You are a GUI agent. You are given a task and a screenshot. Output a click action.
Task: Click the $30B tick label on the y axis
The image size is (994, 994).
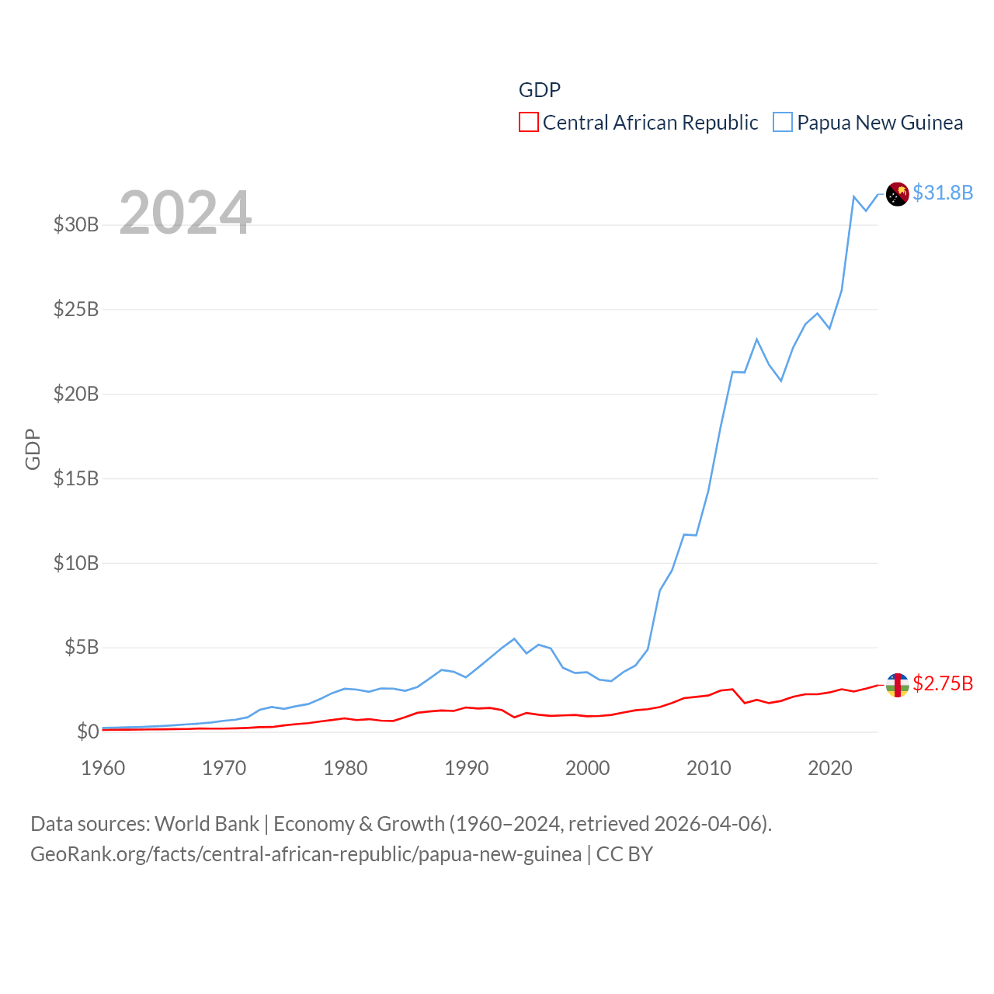[76, 225]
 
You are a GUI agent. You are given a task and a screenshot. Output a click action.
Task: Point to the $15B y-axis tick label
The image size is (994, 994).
[76, 478]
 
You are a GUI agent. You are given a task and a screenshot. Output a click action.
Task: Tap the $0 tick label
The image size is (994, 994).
[88, 732]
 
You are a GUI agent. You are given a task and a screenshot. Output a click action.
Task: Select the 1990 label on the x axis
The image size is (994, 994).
[466, 768]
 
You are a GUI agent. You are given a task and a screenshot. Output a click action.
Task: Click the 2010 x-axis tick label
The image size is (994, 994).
[708, 768]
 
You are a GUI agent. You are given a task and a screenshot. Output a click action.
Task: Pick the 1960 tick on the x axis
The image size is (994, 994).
[103, 768]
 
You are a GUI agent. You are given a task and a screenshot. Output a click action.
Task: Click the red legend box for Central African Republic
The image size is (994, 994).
[529, 123]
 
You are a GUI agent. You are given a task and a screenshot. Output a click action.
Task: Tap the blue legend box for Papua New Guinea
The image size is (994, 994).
[783, 123]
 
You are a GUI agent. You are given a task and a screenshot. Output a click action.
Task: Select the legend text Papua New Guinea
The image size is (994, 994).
[880, 123]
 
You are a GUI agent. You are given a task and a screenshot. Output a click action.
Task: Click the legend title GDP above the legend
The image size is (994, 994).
[540, 90]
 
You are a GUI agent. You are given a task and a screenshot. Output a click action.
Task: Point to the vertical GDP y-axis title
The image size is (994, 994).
[33, 449]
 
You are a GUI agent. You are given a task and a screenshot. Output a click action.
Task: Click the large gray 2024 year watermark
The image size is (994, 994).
[185, 212]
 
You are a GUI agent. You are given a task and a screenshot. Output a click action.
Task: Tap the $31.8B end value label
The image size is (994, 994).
[943, 193]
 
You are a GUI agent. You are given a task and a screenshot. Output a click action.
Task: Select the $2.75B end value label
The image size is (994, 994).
[943, 683]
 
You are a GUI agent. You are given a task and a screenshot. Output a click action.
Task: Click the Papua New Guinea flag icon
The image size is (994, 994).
[898, 194]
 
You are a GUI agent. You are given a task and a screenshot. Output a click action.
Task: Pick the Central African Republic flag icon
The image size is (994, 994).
[898, 685]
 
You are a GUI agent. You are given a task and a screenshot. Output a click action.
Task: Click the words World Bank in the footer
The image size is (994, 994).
[207, 823]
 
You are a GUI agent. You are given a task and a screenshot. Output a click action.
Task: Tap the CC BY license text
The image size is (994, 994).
[624, 854]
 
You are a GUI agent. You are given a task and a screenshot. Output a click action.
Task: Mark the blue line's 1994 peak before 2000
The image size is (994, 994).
[514, 639]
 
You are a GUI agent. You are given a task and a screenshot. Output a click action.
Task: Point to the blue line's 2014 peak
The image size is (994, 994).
[756, 339]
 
